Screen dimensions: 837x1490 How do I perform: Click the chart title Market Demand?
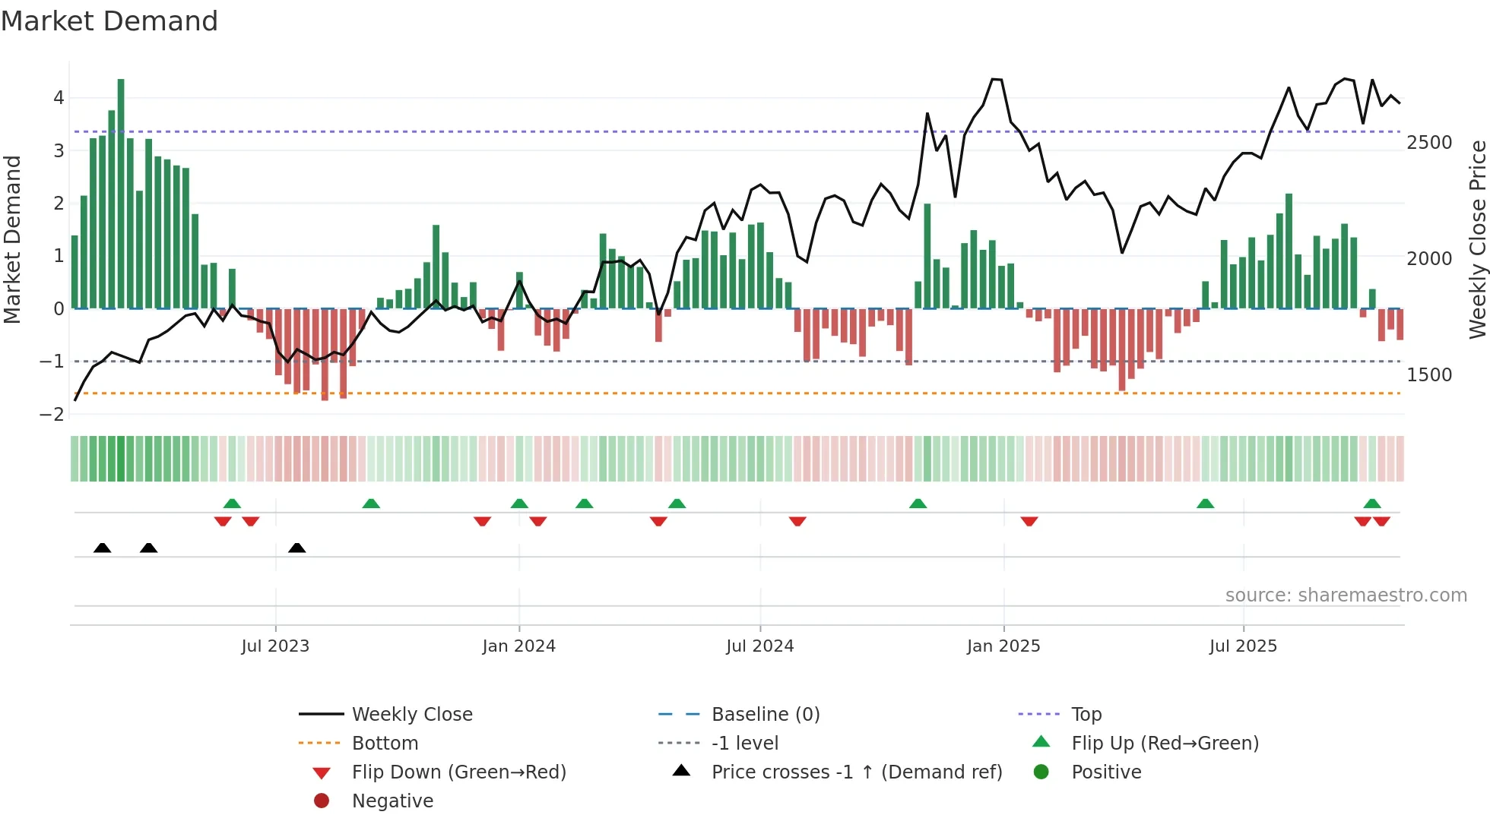coord(109,21)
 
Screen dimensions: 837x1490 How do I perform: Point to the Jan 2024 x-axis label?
coord(518,646)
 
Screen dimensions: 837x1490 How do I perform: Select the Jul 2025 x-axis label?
coord(1243,646)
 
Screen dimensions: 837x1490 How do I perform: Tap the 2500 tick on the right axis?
coord(1429,143)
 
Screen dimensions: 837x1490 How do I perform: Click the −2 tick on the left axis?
coord(52,415)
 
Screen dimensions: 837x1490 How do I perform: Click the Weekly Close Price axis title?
coord(1477,239)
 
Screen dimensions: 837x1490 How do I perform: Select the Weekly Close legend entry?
coord(411,715)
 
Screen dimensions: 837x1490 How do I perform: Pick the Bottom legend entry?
coord(385,744)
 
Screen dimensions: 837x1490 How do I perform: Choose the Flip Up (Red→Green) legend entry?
coord(1165,744)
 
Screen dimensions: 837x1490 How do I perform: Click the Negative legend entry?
coord(392,801)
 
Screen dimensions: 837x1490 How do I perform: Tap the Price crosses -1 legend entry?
coord(856,772)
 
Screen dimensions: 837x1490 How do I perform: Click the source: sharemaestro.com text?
coord(1346,595)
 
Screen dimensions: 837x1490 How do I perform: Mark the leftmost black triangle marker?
coord(102,548)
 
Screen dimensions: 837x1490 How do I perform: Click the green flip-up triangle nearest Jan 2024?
coord(519,504)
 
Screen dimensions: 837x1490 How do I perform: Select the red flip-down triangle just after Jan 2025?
coord(1029,521)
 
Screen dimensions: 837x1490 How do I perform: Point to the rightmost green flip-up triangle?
coord(1372,504)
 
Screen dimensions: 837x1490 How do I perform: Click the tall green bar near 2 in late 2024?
coord(927,255)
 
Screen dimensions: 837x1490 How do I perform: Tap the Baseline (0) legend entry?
coord(765,715)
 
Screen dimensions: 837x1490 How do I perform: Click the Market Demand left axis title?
coord(12,239)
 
